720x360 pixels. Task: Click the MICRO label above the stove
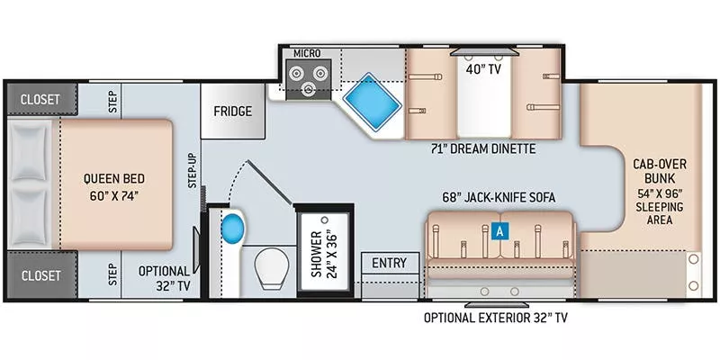pos(307,53)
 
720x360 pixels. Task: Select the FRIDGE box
pos(232,112)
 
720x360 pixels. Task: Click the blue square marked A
pos(499,229)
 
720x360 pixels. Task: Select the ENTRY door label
pos(390,264)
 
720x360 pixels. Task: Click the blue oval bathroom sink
pos(232,229)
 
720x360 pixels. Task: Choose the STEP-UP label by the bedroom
pos(193,170)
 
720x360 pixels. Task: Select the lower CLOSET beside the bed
pos(35,274)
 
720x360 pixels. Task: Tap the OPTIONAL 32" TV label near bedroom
pos(164,279)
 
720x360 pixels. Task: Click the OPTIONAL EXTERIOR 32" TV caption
pos(497,318)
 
